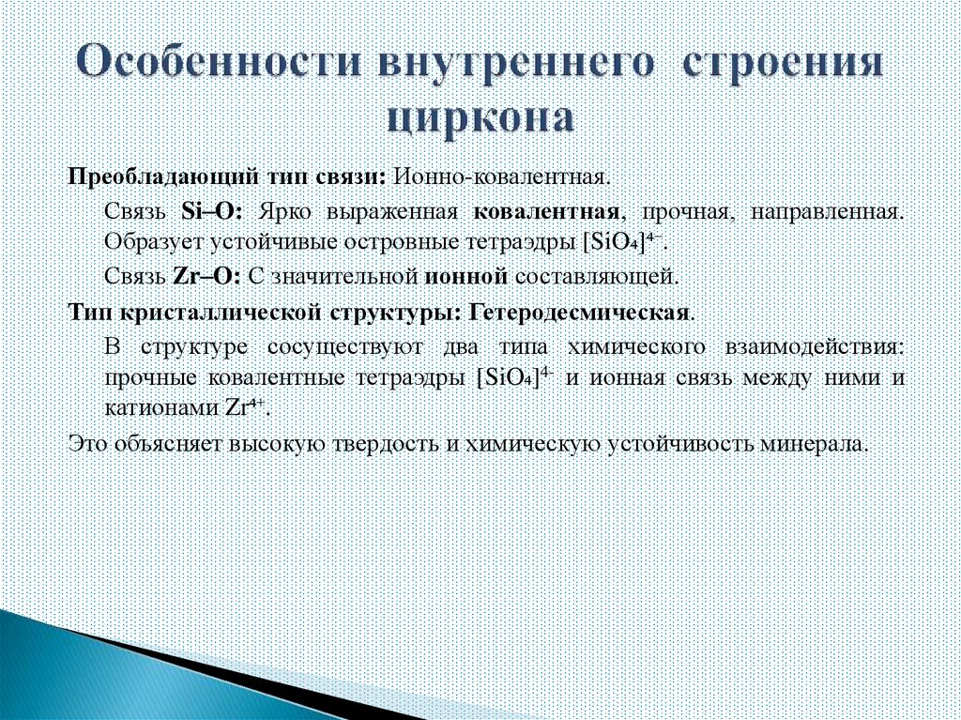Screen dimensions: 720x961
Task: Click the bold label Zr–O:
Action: (x=210, y=277)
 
